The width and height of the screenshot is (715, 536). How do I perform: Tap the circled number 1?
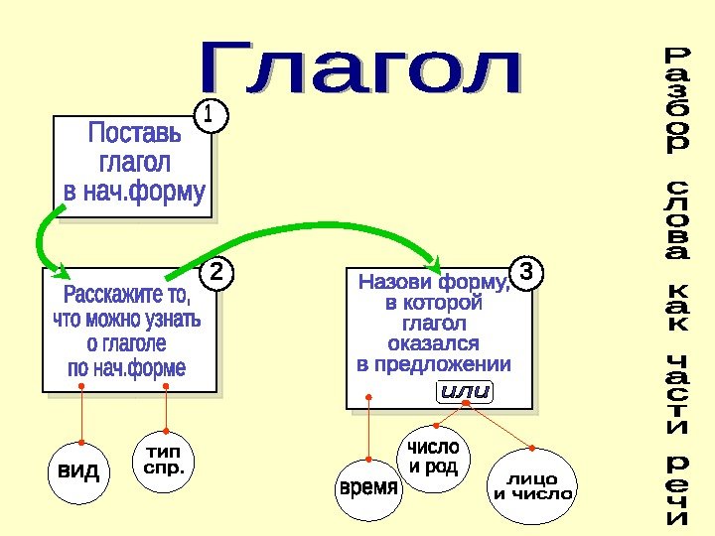(209, 115)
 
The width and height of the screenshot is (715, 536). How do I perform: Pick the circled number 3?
(527, 270)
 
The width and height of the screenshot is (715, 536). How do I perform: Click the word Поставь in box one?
(135, 132)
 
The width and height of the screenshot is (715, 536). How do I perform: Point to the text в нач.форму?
(135, 190)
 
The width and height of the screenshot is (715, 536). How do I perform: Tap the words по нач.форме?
(126, 368)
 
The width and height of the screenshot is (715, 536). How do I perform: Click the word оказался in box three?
(433, 343)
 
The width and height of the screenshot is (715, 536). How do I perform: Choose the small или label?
(465, 392)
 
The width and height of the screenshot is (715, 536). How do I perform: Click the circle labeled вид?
(78, 470)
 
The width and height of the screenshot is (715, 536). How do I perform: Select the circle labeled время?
(368, 488)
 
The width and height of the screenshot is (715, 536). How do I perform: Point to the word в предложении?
(433, 364)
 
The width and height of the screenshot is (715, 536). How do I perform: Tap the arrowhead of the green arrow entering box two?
(58, 269)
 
